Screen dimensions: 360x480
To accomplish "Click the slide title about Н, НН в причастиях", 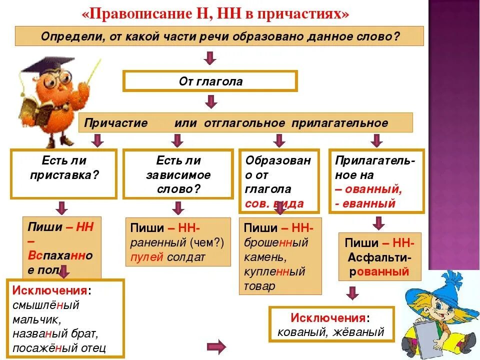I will [215, 13].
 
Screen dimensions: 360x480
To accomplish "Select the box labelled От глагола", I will [210, 81].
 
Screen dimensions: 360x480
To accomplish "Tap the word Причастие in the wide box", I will [115, 123].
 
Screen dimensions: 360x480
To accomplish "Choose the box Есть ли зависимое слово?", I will [178, 174].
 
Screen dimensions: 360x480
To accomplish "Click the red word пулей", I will [144, 257].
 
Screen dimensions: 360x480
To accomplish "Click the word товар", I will [259, 286].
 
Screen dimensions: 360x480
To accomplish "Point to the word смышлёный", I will [46, 304].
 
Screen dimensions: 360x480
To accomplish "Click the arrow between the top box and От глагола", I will [210, 57].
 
